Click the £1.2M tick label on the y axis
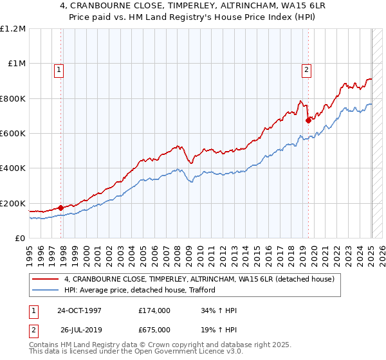(13, 29)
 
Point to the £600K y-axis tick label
(13, 134)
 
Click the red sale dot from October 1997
(60, 208)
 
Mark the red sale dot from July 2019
(308, 120)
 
